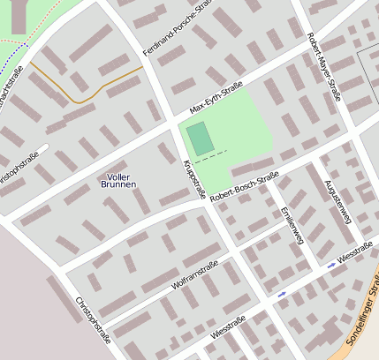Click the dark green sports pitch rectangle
point(200,139)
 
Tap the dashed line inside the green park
point(212,157)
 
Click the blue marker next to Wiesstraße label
point(331,265)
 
